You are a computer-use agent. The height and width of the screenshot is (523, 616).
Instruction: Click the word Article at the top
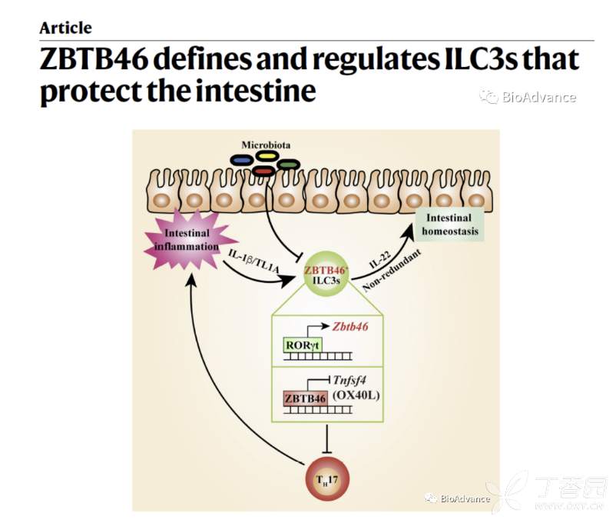click(65, 28)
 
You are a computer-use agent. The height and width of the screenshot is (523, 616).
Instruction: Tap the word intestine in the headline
click(257, 92)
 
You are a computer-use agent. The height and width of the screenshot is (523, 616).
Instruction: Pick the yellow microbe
click(267, 156)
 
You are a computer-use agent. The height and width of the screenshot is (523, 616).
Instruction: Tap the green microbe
click(289, 165)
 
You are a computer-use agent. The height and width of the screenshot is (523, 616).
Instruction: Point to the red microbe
click(263, 171)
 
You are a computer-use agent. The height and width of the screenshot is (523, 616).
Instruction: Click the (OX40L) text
click(358, 395)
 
